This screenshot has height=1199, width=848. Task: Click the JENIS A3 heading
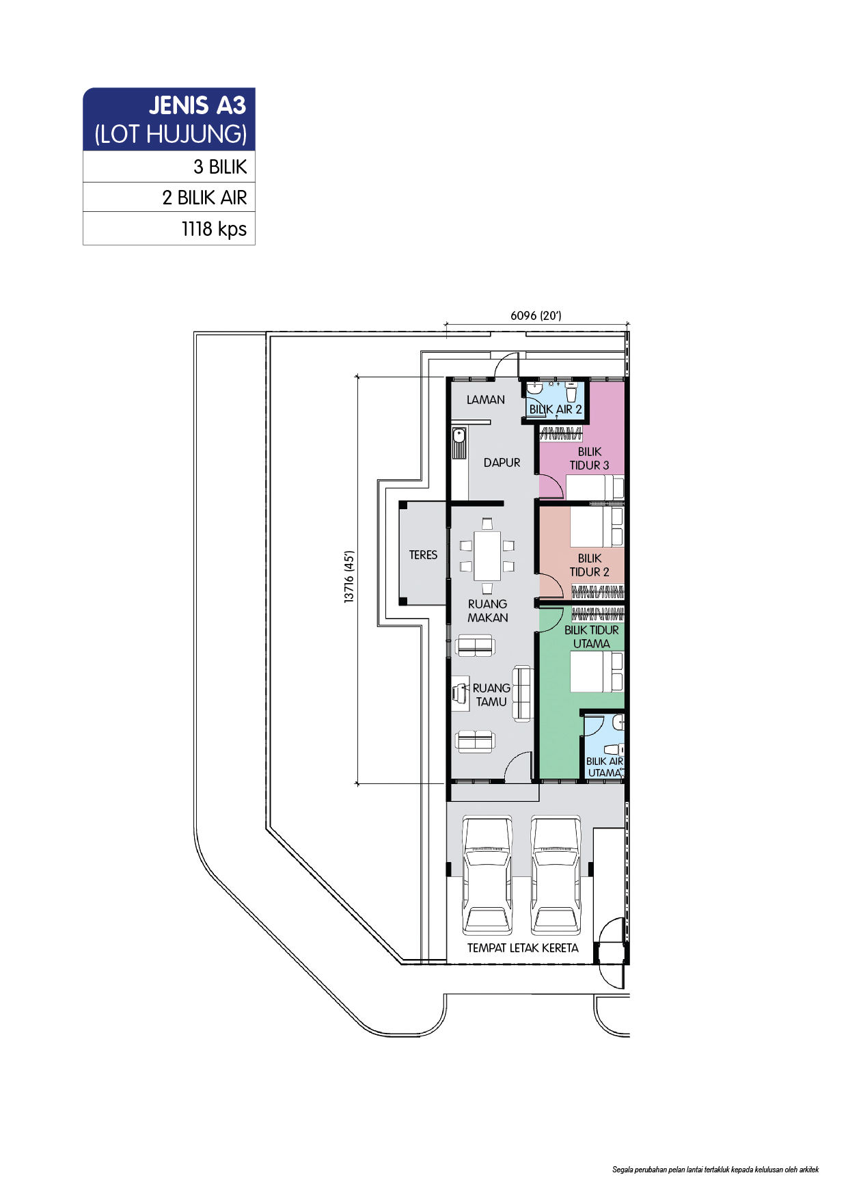pos(197,105)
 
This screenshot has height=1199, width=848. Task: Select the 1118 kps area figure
pos(214,229)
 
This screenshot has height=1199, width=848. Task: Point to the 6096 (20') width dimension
pos(536,315)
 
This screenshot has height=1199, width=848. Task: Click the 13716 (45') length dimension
pos(349,577)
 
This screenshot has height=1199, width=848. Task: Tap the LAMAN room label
pos(486,399)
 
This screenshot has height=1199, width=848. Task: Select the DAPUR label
pos(502,463)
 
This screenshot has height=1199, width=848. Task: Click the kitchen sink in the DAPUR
pos(459,443)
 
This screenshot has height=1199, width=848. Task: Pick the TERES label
pos(423,555)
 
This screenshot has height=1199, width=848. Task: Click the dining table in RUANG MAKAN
pos(487,555)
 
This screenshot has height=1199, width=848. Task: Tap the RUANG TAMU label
pos(491,695)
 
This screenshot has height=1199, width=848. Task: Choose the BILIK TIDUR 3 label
pos(589,459)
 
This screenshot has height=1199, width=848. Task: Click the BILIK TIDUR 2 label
pos(589,565)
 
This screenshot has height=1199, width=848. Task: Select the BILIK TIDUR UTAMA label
pos(592,637)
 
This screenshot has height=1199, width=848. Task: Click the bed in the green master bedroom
pos(597,672)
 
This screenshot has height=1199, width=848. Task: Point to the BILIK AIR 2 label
pos(556,409)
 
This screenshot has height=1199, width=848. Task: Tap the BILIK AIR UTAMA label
pos(605,767)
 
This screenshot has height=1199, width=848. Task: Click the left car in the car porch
pos(487,875)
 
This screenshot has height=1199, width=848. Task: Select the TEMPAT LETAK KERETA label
pos(523,948)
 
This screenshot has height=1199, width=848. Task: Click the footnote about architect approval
pos(715,1170)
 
